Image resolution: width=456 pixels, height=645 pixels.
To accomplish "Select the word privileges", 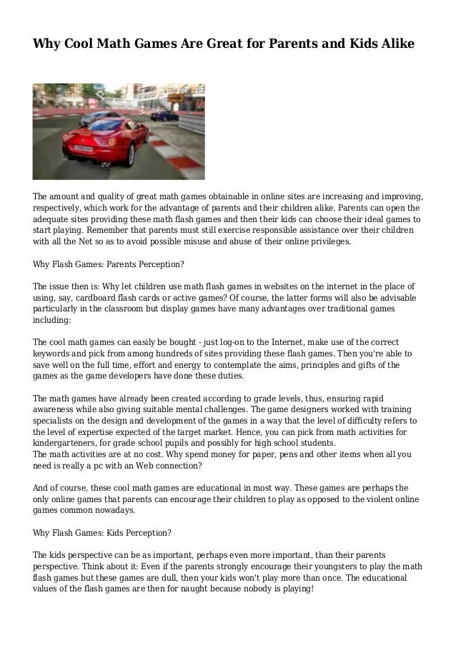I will click(327, 242).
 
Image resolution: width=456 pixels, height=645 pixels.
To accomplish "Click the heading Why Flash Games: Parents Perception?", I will click(109, 264).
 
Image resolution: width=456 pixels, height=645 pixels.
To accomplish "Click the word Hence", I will click(272, 433).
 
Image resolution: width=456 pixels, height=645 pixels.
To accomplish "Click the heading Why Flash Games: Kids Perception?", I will click(102, 533).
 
